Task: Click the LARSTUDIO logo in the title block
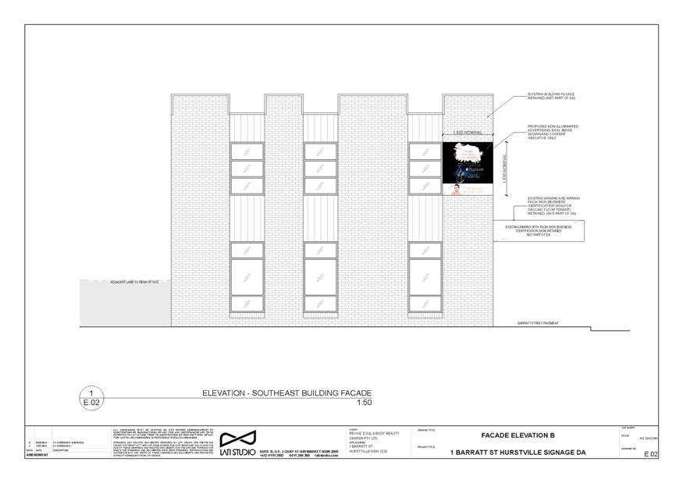tap(237, 442)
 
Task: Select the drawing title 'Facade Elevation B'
tap(518, 435)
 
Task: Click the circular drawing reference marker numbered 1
tap(92, 397)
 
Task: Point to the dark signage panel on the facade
tap(468, 162)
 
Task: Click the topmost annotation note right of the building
tap(552, 95)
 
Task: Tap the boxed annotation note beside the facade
tap(543, 229)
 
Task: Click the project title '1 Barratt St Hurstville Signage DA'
tap(518, 452)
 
